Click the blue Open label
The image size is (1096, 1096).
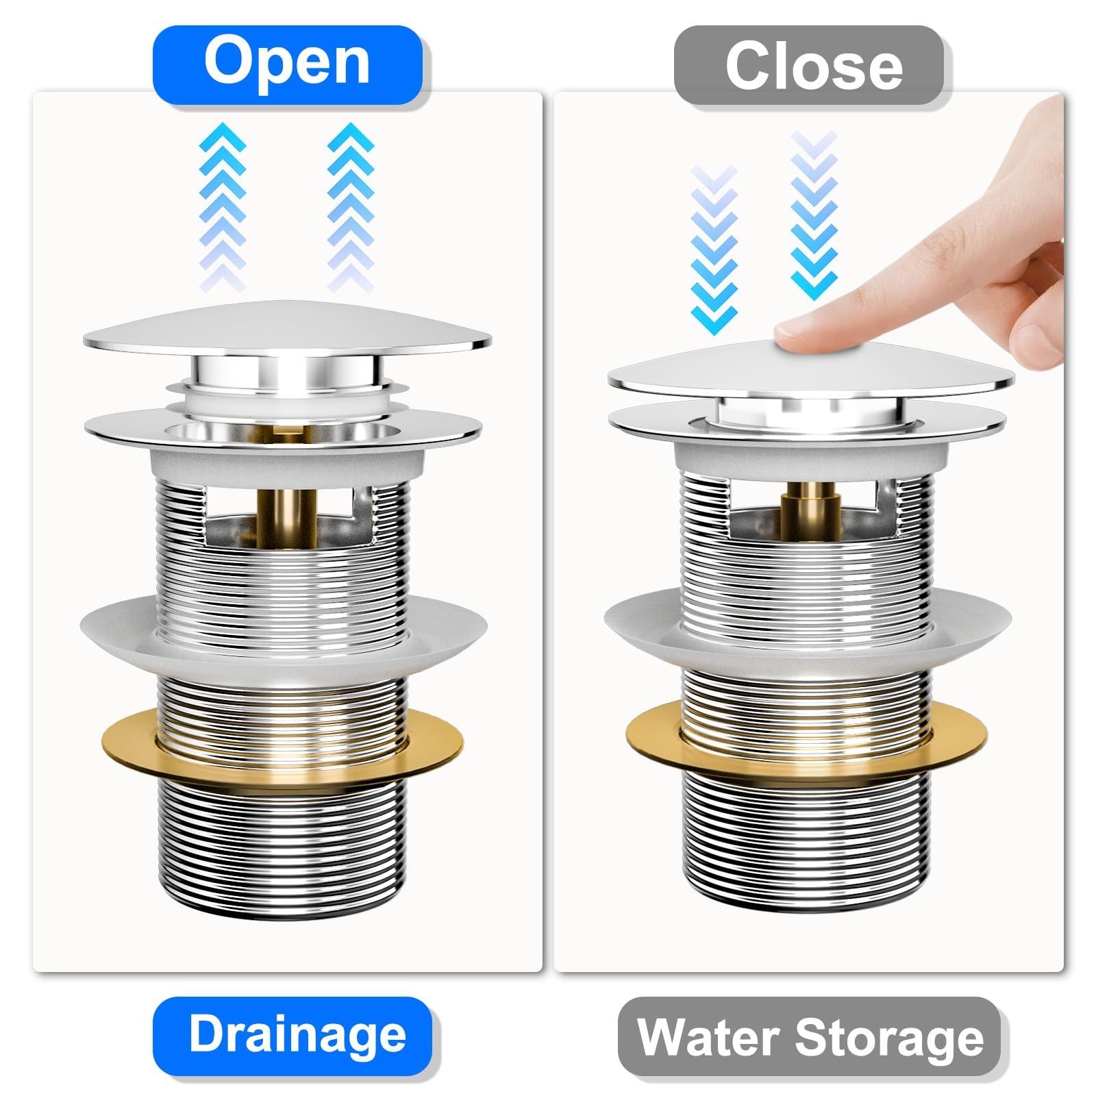(x=287, y=64)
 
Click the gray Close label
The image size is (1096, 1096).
(x=812, y=66)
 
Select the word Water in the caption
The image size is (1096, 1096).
(x=709, y=1037)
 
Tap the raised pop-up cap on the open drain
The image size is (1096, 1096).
(x=288, y=332)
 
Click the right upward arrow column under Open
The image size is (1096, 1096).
(x=351, y=206)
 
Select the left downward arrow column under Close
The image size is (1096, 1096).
(x=714, y=249)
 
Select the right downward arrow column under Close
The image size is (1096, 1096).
(x=814, y=216)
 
